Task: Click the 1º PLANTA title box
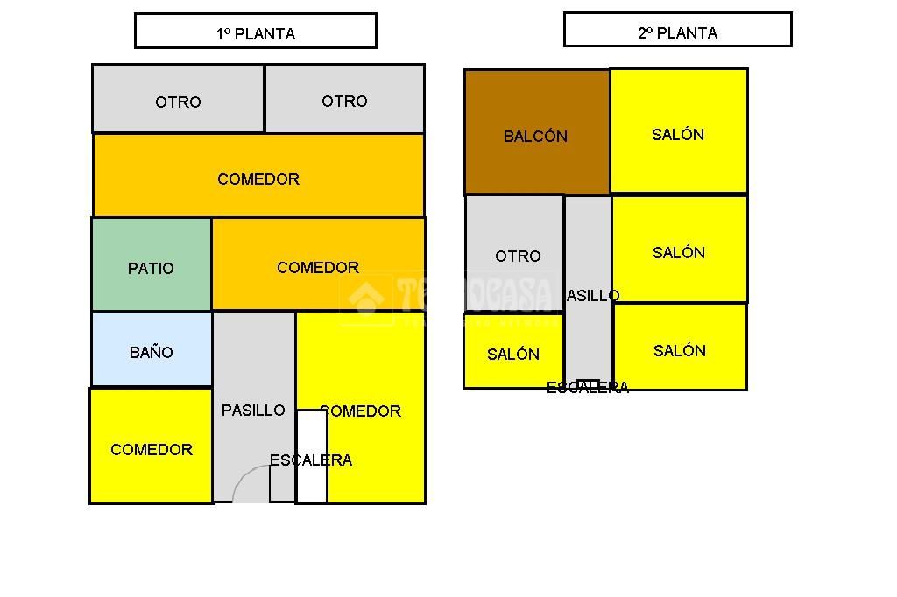(x=255, y=31)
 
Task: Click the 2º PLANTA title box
(x=677, y=29)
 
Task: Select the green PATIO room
(x=152, y=263)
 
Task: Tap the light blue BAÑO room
(x=152, y=348)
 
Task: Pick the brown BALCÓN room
(x=536, y=131)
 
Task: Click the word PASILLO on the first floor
(x=253, y=410)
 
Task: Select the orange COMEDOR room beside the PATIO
(x=318, y=263)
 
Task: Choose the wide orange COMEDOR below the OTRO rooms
(x=258, y=175)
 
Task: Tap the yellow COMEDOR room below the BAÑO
(x=152, y=446)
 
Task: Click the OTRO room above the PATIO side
(x=178, y=99)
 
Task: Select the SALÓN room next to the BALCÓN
(x=678, y=130)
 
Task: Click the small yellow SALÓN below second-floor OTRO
(x=513, y=350)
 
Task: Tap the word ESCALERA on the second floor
(x=588, y=388)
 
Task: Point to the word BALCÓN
(x=535, y=137)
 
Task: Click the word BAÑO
(x=152, y=353)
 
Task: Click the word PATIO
(x=151, y=269)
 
